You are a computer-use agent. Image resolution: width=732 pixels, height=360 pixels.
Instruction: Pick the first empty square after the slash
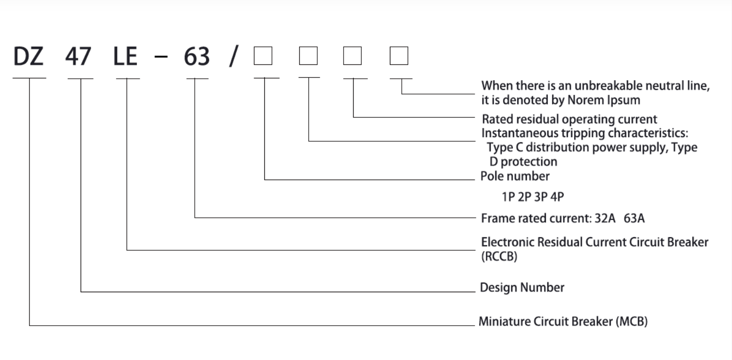263,56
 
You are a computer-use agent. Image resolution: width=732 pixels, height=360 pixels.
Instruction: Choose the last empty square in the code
399,56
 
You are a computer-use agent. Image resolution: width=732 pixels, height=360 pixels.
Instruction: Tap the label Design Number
522,287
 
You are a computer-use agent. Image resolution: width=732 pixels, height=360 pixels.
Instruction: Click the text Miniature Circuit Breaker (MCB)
563,321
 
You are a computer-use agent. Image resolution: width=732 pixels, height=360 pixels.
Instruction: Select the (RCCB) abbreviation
499,256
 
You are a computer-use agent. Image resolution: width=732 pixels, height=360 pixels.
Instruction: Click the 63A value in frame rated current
634,219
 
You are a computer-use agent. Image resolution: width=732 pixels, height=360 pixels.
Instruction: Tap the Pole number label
515,176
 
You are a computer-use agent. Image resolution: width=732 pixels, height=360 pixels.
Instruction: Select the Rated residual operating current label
569,119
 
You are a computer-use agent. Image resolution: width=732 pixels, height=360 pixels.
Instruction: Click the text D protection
523,161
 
